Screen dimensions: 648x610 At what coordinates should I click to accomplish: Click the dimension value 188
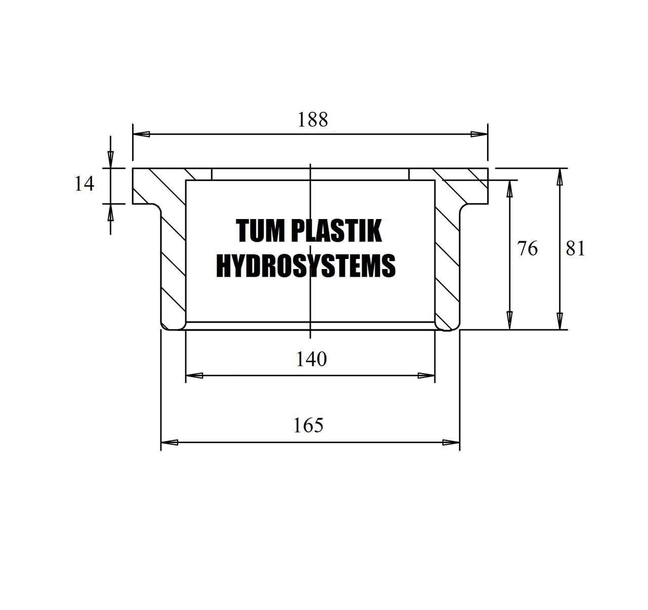[x=312, y=120]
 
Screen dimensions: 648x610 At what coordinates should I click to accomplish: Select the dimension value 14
[x=85, y=184]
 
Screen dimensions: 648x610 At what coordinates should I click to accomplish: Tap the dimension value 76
[x=528, y=249]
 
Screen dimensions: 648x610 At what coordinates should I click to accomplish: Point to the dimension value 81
[x=576, y=249]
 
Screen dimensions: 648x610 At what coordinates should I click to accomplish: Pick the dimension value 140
[x=311, y=359]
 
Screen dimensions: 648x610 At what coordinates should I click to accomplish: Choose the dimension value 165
[x=308, y=425]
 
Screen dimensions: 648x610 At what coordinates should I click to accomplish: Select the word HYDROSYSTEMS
[x=306, y=266]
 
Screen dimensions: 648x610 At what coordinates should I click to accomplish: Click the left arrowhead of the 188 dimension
[x=141, y=134]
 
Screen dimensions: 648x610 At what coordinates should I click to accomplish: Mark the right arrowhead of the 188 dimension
[x=479, y=134]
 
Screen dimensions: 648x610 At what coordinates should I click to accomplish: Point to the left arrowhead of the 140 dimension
[x=194, y=376]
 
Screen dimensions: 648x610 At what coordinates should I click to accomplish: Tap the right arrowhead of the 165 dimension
[x=451, y=443]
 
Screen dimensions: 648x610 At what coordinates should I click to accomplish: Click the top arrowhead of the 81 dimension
[x=560, y=177]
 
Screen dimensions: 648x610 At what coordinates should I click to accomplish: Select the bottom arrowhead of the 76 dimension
[x=510, y=321]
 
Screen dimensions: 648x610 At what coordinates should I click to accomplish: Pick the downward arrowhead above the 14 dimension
[x=110, y=160]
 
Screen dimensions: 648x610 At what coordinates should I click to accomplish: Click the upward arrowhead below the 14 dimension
[x=110, y=212]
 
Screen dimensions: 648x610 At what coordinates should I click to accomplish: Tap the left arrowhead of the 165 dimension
[x=170, y=443]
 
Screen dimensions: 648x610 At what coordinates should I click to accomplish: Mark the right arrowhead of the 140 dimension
[x=426, y=376]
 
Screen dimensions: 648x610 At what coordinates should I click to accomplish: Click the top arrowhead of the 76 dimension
[x=510, y=189]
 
